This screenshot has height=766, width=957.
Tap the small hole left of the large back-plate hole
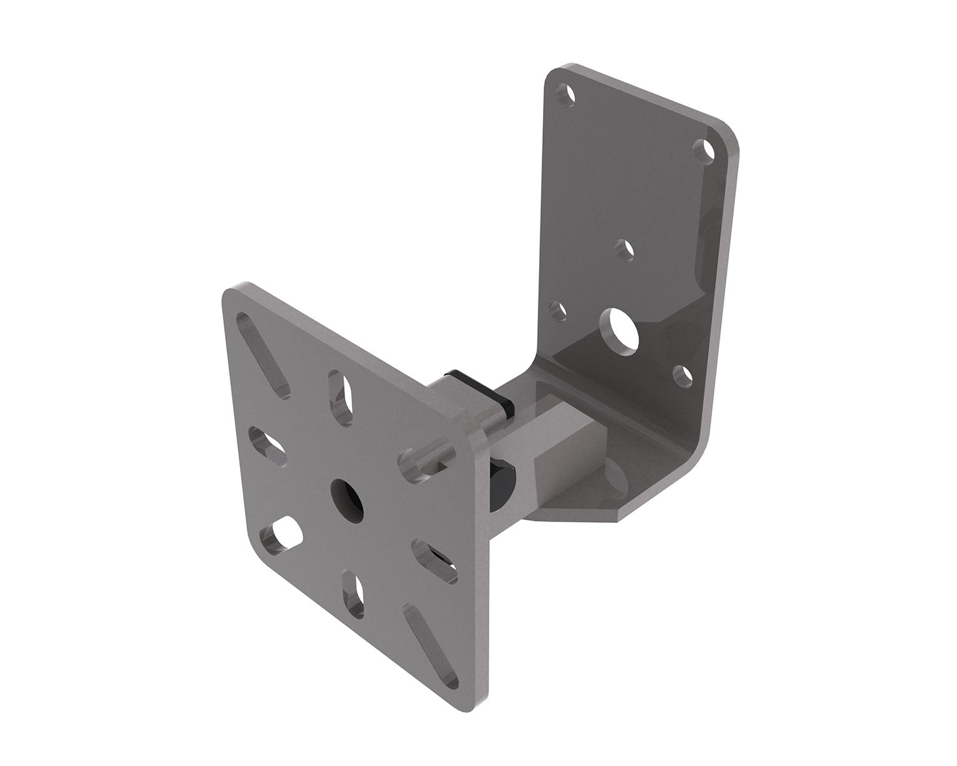click(x=559, y=312)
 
